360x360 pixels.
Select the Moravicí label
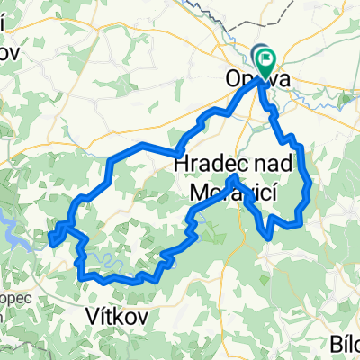coord(230,190)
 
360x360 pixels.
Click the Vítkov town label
coord(113,315)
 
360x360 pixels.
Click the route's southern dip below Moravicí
coord(267,236)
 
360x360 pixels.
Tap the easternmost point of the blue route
coord(310,186)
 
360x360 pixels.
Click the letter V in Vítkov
coord(91,315)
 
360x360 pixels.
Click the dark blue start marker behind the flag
coord(259,55)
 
